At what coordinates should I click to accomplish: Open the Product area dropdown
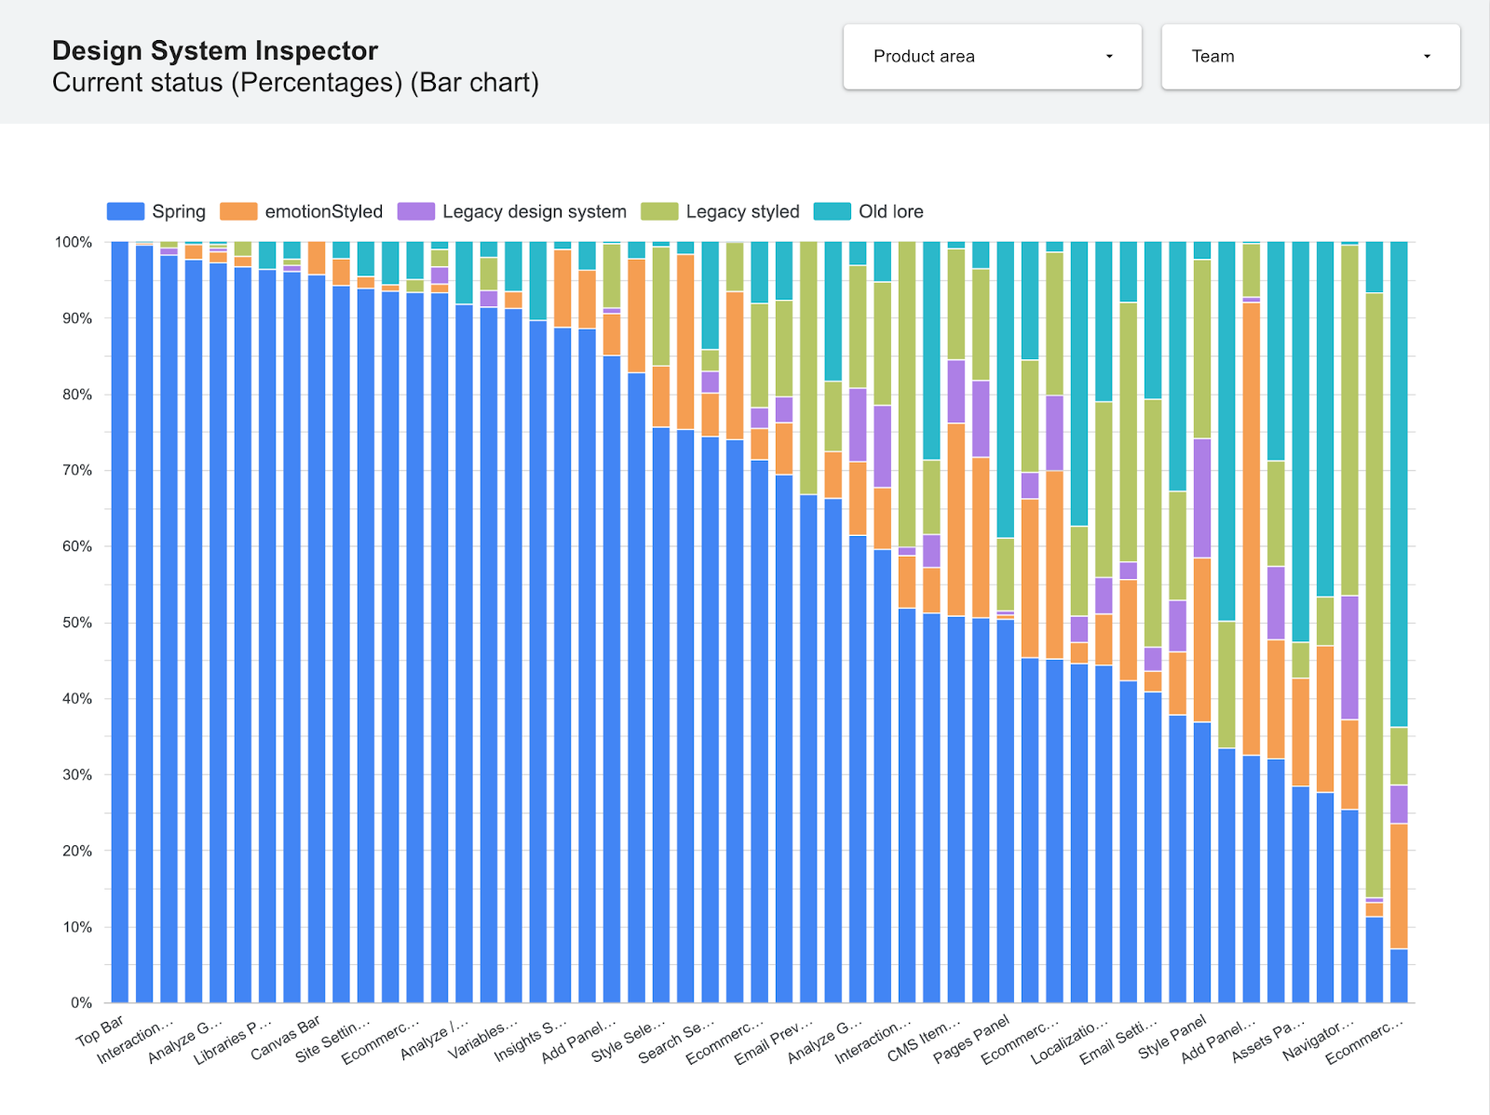[992, 57]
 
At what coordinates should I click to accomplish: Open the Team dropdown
[1309, 57]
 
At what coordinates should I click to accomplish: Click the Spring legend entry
[156, 211]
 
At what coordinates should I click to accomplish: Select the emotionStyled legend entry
[301, 211]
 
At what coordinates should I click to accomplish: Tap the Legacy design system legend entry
[511, 211]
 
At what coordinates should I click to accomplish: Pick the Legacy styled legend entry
[720, 211]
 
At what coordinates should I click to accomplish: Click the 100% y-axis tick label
[74, 242]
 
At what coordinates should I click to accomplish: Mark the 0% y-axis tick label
[81, 1002]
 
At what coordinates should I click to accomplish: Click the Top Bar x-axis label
[101, 1031]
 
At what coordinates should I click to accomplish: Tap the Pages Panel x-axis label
[972, 1039]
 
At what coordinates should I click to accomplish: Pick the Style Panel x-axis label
[1172, 1036]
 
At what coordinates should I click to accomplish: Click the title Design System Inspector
[215, 50]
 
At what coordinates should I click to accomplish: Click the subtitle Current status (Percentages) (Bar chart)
[295, 83]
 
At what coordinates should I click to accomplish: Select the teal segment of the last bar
[1399, 484]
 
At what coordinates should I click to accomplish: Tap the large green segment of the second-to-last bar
[1375, 596]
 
